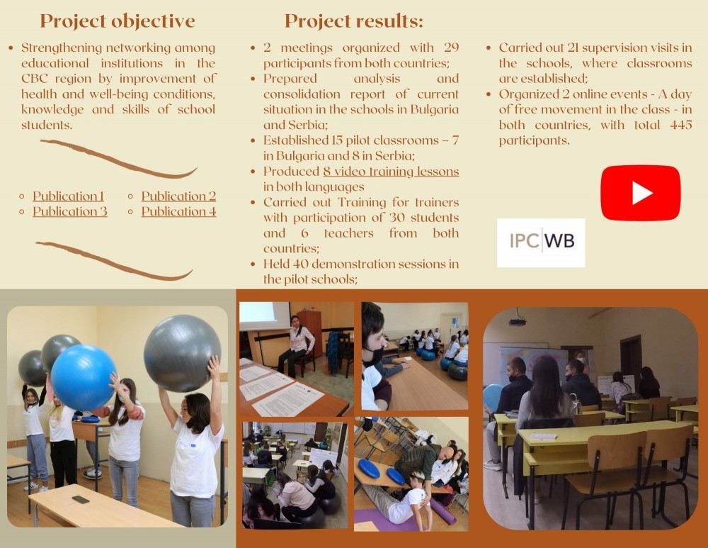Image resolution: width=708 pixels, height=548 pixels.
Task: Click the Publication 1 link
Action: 68,196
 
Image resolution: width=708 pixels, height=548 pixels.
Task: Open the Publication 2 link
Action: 179,196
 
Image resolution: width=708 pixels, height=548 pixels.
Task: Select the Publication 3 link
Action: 70,211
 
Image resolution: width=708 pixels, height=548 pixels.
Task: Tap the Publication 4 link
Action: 179,211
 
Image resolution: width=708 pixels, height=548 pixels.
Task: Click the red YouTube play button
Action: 640,193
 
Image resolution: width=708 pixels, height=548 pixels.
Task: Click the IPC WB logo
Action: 541,242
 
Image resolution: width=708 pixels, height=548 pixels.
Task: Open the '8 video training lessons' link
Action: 391,172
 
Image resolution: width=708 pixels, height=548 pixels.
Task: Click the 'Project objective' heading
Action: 118,21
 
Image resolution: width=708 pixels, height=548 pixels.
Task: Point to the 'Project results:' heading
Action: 354,21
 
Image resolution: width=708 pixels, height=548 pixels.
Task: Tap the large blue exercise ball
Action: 83,377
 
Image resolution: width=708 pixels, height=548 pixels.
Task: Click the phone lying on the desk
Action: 81,499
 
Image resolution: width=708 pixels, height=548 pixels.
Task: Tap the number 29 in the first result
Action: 451,48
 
